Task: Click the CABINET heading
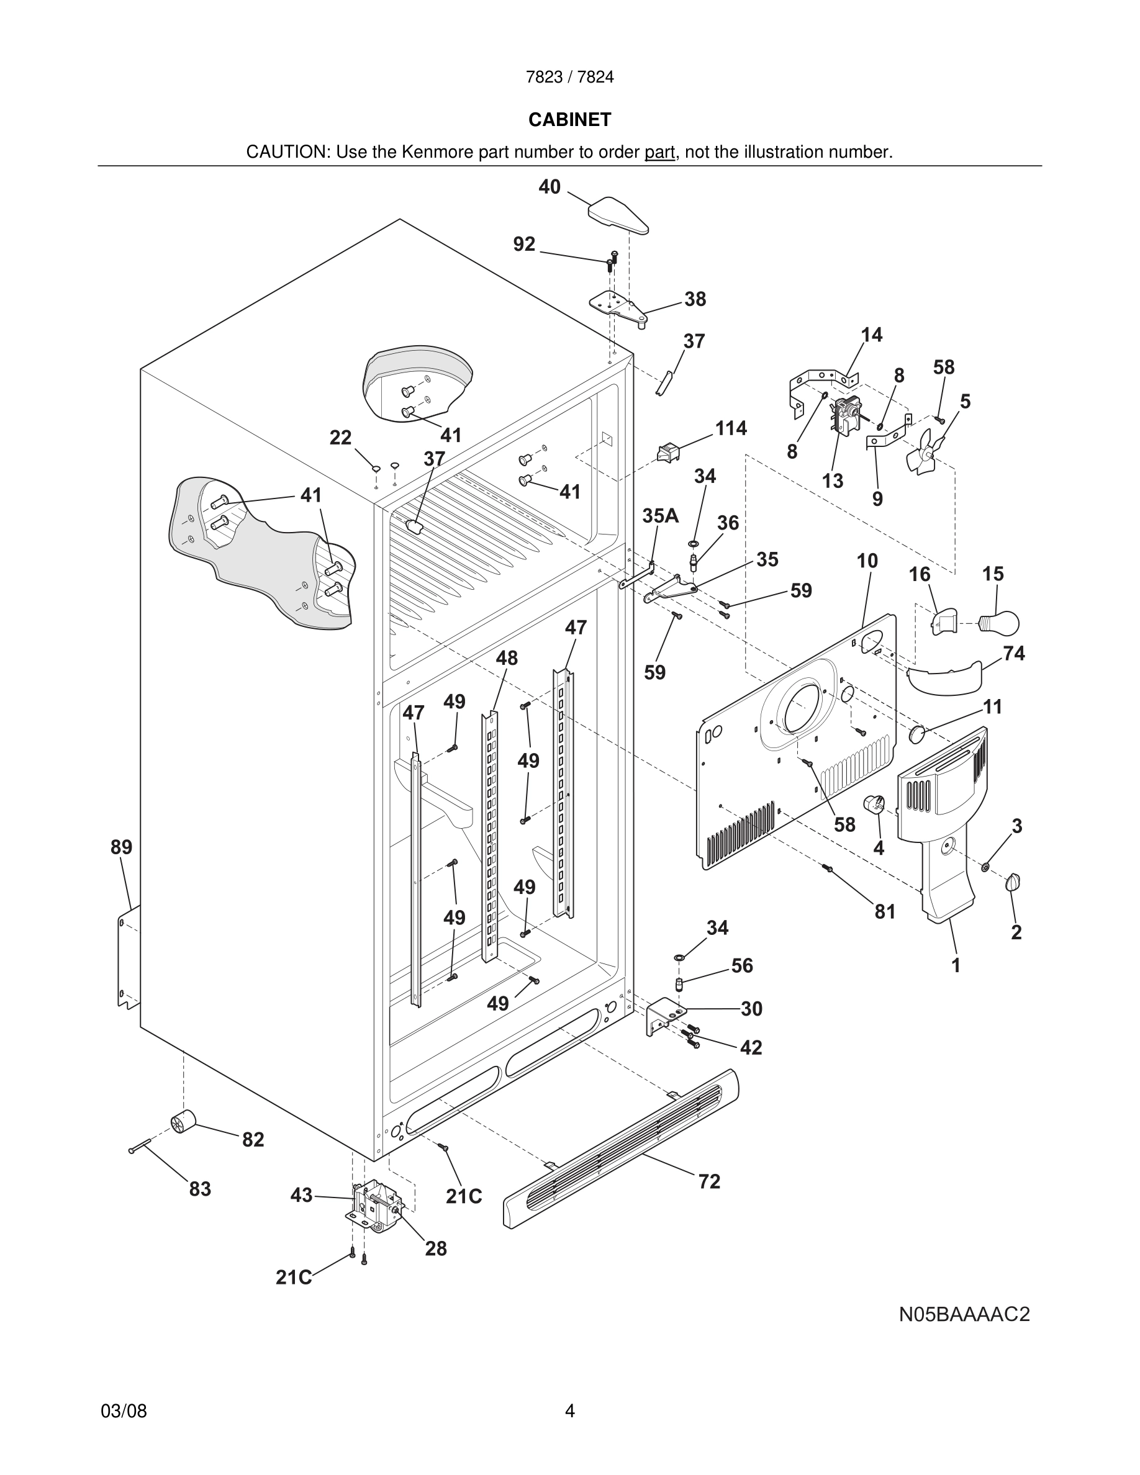[569, 120]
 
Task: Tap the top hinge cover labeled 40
[618, 215]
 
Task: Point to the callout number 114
[731, 428]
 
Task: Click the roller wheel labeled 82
[183, 1122]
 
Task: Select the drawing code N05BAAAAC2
[964, 1315]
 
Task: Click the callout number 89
[122, 847]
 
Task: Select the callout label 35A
[660, 516]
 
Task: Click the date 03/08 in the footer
[124, 1411]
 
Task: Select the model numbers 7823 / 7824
[569, 77]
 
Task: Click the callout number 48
[507, 658]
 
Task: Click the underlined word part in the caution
[659, 153]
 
